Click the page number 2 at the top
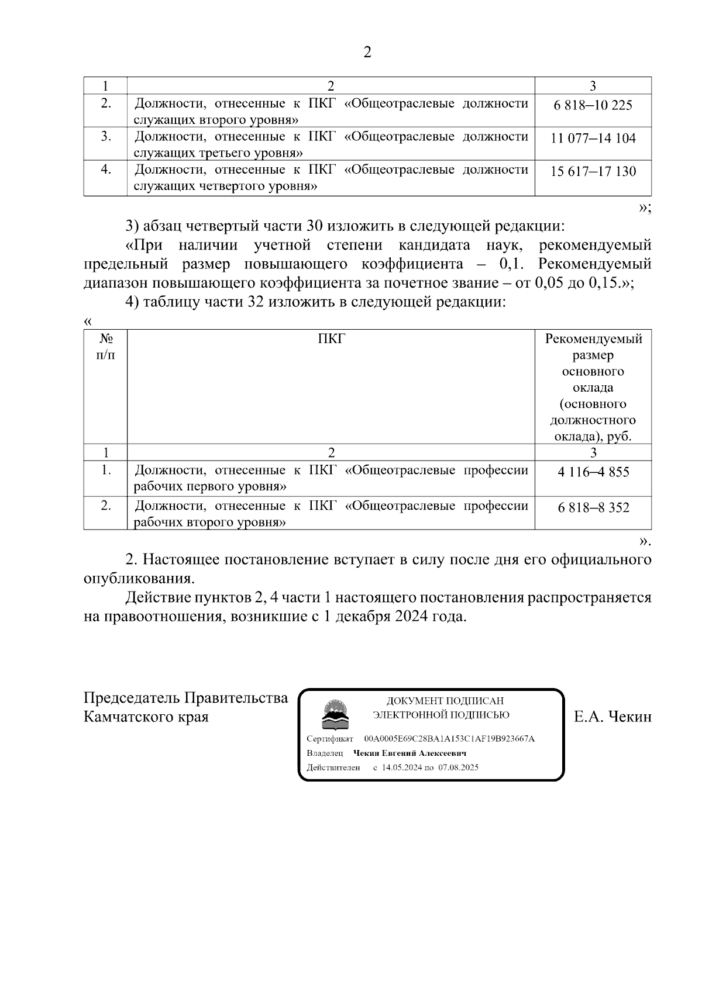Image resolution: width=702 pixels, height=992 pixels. [367, 53]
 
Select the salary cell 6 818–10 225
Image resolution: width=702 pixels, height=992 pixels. [593, 105]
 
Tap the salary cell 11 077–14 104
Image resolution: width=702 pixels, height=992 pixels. [593, 139]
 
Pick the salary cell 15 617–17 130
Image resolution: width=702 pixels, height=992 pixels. [593, 172]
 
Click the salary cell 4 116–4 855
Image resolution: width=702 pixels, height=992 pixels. [593, 472]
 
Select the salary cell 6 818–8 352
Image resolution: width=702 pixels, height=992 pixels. [593, 507]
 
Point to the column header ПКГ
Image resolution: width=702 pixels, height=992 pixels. [331, 338]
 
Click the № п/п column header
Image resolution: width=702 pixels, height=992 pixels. [105, 347]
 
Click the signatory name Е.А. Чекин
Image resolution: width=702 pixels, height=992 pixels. [612, 717]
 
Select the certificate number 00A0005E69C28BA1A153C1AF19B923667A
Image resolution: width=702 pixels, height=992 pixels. [449, 739]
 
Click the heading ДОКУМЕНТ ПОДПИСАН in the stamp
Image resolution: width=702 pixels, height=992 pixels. [445, 701]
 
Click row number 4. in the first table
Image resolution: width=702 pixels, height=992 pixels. [105, 170]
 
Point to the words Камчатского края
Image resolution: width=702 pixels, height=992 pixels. [146, 717]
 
